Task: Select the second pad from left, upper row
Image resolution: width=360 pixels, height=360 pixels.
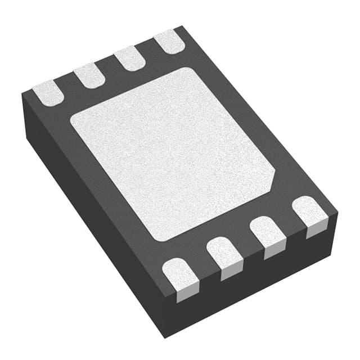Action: click(89, 74)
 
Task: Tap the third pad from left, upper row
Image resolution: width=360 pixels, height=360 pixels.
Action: click(129, 58)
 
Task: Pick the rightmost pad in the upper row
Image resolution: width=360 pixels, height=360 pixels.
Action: click(169, 42)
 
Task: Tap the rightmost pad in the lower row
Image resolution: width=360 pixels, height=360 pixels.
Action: click(310, 214)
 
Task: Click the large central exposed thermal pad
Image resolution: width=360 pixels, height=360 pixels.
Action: click(172, 152)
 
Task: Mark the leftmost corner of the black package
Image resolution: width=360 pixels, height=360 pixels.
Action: click(22, 94)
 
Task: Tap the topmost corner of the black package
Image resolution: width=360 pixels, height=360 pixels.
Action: click(181, 26)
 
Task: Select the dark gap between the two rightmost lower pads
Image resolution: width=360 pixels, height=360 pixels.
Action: click(289, 226)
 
